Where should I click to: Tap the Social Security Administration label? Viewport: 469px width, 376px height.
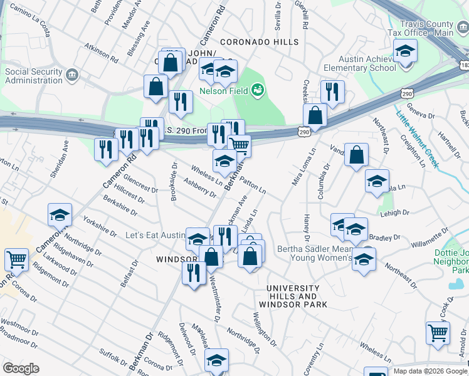[34, 76]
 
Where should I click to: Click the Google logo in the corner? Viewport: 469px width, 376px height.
[21, 368]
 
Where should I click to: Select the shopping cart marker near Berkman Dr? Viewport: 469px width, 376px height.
[240, 145]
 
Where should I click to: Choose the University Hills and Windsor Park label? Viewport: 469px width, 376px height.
[297, 296]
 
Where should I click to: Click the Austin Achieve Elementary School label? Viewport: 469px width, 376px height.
[359, 63]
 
